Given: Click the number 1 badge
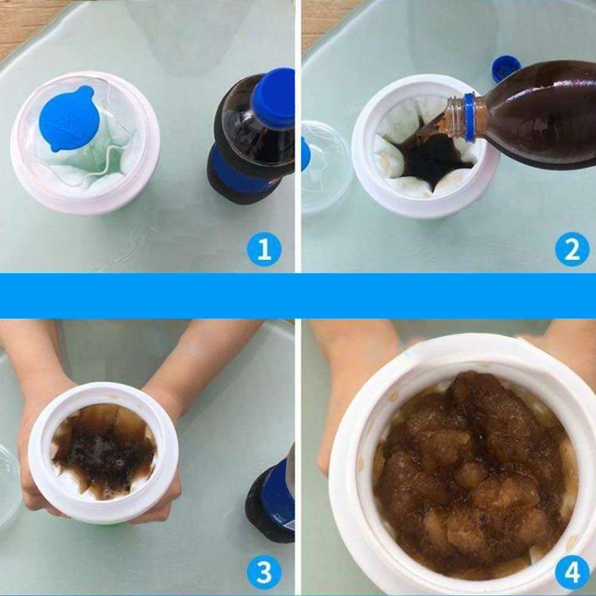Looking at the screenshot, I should pyautogui.click(x=264, y=249).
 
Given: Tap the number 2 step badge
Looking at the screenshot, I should pyautogui.click(x=572, y=249).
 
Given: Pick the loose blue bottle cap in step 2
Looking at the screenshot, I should pyautogui.click(x=505, y=68).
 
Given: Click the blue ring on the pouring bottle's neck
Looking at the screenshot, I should pyautogui.click(x=470, y=117).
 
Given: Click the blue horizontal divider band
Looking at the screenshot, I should pyautogui.click(x=298, y=295).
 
